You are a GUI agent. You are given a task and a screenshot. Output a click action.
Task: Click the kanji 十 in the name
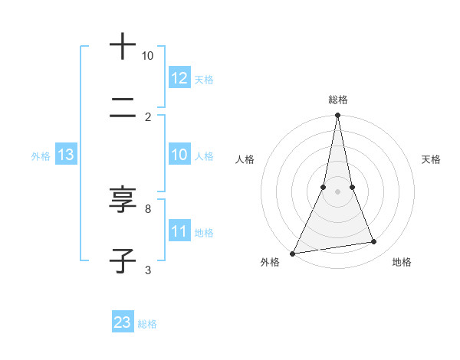click(123, 47)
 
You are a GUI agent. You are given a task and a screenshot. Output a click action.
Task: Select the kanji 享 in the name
click(123, 201)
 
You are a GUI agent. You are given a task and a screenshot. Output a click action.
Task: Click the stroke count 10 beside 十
click(147, 56)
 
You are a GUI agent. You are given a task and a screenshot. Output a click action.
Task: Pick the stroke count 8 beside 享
click(147, 208)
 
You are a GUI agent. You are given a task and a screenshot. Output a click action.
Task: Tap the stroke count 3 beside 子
click(147, 270)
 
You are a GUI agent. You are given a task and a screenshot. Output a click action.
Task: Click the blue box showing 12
click(179, 78)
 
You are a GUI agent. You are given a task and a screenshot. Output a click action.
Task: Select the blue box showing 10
click(179, 155)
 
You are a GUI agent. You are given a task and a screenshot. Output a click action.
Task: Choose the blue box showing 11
click(179, 231)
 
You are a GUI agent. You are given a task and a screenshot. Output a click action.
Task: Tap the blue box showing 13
click(66, 155)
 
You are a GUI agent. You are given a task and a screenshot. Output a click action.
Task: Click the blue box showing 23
click(123, 322)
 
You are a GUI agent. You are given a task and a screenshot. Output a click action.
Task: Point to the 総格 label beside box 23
click(147, 324)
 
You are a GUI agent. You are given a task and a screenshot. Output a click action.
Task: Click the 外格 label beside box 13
click(41, 156)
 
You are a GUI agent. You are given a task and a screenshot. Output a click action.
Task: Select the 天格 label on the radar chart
click(431, 159)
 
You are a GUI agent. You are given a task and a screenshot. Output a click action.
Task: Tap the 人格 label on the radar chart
click(245, 159)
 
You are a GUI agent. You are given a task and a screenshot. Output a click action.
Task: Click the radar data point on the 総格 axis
click(337, 116)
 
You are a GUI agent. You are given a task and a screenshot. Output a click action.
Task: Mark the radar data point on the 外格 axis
click(292, 254)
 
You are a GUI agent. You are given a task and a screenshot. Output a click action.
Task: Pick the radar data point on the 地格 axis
click(374, 242)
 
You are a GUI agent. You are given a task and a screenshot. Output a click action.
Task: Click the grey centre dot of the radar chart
click(337, 191)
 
